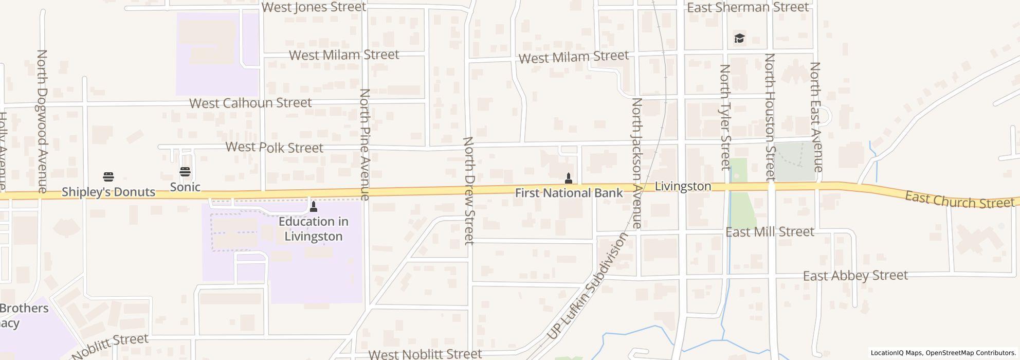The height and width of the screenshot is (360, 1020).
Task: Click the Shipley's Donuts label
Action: pyautogui.click(x=108, y=192)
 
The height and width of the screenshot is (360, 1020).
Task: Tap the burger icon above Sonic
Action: pyautogui.click(x=185, y=172)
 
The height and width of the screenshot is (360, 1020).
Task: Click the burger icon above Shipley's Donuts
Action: pyautogui.click(x=108, y=177)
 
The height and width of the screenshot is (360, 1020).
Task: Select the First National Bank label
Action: pyautogui.click(x=569, y=193)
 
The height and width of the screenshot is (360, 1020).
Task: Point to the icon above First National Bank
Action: pyautogui.click(x=569, y=178)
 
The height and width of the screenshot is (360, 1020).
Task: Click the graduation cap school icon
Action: pyautogui.click(x=739, y=39)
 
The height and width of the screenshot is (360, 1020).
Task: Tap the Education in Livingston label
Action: pyautogui.click(x=314, y=229)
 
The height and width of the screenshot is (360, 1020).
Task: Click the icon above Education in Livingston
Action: pyautogui.click(x=314, y=207)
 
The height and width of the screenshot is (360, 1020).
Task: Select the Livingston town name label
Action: pyautogui.click(x=683, y=186)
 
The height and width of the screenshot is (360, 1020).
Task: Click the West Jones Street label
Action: pyautogui.click(x=314, y=7)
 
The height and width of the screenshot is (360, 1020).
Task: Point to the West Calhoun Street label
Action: pyautogui.click(x=250, y=103)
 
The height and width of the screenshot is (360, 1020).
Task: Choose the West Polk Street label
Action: pyautogui.click(x=275, y=148)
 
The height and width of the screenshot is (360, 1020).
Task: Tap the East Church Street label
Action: pyautogui.click(x=959, y=200)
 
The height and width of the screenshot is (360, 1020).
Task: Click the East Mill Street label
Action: pyautogui.click(x=770, y=232)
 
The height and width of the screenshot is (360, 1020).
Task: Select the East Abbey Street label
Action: pyautogui.click(x=855, y=276)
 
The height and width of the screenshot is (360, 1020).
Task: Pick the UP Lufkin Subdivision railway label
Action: pyautogui.click(x=587, y=286)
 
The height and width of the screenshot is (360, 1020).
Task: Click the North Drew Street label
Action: pyautogui.click(x=468, y=190)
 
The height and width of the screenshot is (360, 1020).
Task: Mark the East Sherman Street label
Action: pyautogui.click(x=748, y=7)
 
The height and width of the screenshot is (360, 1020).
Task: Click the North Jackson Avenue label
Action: pyautogui.click(x=637, y=163)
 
